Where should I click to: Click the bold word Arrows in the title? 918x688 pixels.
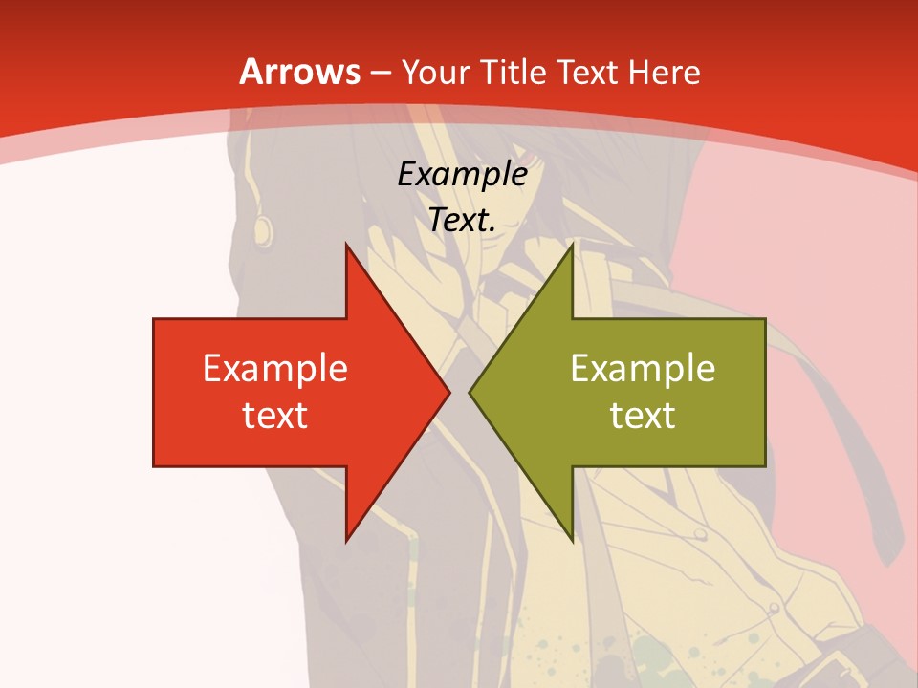coord(298,72)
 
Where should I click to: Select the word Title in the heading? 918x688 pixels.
coord(511,72)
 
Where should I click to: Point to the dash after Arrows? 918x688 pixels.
coord(380,74)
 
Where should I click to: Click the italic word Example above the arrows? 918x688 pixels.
coord(462,175)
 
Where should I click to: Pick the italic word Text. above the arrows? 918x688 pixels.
coord(462,221)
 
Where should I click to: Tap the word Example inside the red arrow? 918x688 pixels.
coord(274,369)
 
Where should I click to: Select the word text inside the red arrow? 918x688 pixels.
coord(274,416)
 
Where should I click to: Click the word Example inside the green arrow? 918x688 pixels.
coord(643,369)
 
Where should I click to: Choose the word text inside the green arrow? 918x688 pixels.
coord(643,416)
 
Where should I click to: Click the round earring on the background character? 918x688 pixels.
coord(261,228)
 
